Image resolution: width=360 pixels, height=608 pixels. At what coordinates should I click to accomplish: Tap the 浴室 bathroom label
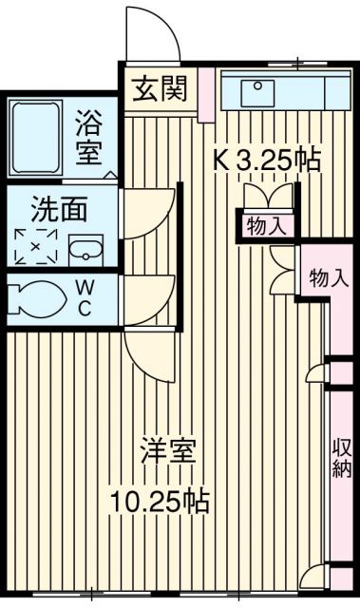pyautogui.click(x=90, y=137)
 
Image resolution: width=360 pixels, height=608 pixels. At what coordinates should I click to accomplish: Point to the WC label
pyautogui.click(x=85, y=298)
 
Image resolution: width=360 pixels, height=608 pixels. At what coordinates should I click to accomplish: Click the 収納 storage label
pyautogui.click(x=342, y=456)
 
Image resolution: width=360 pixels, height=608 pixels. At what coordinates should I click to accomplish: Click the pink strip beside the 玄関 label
pyautogui.click(x=205, y=93)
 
